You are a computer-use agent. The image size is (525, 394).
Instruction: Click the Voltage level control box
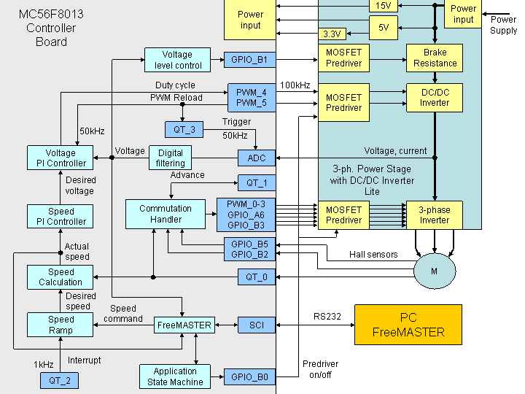[177, 60]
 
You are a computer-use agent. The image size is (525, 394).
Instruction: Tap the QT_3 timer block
[184, 130]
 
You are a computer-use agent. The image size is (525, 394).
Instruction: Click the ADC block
[257, 158]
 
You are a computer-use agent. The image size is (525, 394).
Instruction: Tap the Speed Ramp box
[61, 325]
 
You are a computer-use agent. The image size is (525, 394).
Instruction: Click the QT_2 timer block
[59, 380]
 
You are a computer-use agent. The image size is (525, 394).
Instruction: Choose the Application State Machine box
[175, 376]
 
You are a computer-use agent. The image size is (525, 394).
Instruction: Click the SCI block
[257, 325]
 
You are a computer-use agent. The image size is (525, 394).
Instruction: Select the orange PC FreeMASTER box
[408, 325]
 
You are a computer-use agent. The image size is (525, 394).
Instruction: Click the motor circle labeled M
[434, 271]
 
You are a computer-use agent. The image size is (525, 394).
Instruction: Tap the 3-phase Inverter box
[434, 215]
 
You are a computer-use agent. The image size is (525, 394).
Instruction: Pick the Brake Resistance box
[435, 58]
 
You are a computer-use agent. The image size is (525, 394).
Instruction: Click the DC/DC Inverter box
[435, 97]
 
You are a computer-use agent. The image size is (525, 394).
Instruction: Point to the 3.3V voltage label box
[332, 34]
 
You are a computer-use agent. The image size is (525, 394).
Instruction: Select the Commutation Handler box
[166, 214]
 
